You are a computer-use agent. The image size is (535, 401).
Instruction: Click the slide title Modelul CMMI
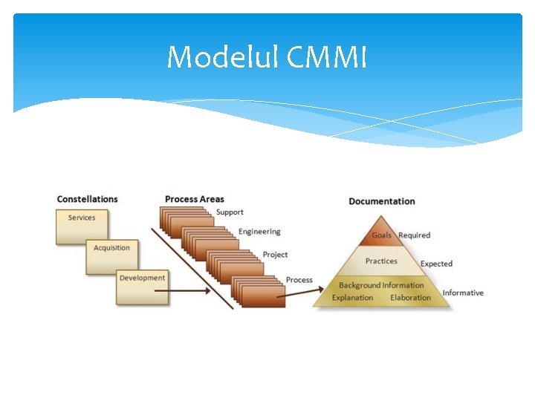pos(267,57)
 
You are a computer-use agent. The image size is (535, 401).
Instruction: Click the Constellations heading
pos(87,199)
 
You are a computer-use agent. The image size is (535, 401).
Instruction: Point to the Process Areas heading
pos(194,199)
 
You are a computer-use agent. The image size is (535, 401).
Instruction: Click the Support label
pos(230,212)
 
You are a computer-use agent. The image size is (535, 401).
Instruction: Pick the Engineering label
pos(259,232)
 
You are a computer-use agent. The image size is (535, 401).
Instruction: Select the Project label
pos(275,255)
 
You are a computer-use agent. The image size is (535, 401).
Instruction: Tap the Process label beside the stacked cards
pos(299,280)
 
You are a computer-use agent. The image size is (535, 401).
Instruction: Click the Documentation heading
pos(381,201)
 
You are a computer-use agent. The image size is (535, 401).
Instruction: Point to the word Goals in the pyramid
pos(382,235)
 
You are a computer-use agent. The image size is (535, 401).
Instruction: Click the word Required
pos(414,235)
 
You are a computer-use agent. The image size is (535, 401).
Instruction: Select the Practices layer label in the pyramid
pos(381,261)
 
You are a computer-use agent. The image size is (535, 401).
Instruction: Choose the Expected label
pos(436,264)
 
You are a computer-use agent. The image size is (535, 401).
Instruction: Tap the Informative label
pos(462,293)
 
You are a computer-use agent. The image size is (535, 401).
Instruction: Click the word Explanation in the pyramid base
pos(352,298)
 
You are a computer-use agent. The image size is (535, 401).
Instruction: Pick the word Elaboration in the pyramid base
pos(410,298)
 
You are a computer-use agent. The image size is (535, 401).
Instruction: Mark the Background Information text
pos(381,285)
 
